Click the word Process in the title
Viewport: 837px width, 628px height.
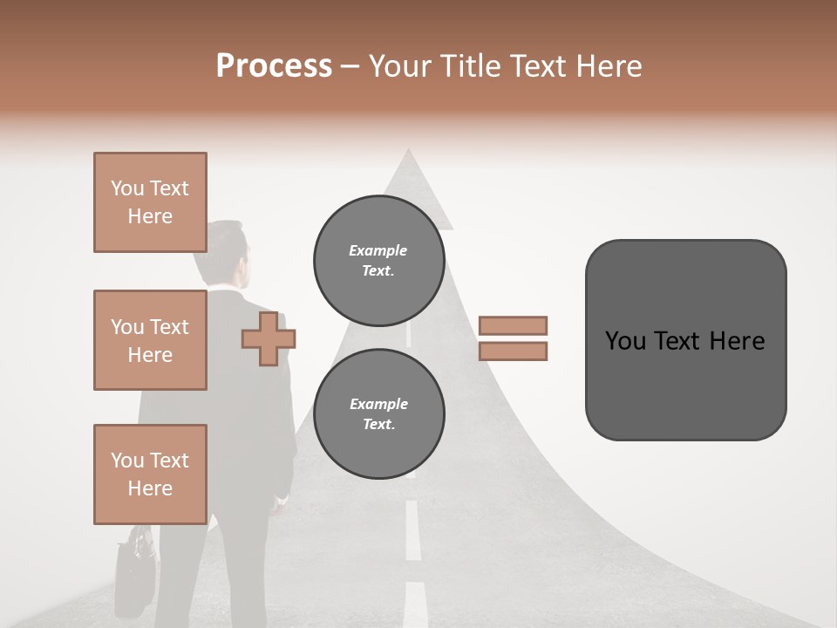click(x=274, y=65)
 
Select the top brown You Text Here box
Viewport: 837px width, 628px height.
click(x=150, y=202)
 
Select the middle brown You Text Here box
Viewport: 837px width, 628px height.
click(x=150, y=340)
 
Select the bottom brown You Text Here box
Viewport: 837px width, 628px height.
click(x=150, y=474)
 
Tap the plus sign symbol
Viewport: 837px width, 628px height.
click(x=269, y=339)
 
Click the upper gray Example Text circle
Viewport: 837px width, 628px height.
click(x=378, y=261)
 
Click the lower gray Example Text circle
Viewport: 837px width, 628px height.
click(x=378, y=414)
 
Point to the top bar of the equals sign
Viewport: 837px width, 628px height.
click(x=513, y=326)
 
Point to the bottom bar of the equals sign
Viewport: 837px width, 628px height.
click(x=513, y=352)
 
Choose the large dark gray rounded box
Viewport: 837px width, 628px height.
click(x=685, y=340)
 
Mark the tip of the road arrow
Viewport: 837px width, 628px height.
click(x=407, y=154)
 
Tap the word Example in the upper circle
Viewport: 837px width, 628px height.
click(x=378, y=250)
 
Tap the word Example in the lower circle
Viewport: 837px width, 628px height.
click(x=378, y=404)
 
